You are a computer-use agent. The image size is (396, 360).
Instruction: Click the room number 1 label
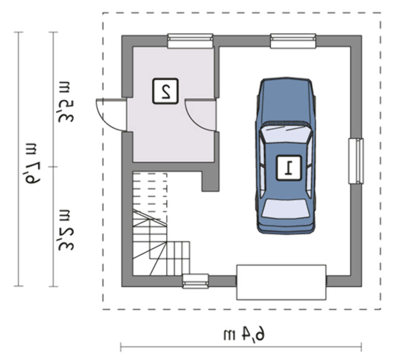pyautogui.click(x=289, y=168)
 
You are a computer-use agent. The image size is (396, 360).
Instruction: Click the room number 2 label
pyautogui.click(x=166, y=91)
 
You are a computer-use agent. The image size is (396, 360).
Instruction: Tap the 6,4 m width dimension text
pyautogui.click(x=244, y=335)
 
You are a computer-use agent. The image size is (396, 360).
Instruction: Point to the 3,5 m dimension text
pyautogui.click(x=66, y=102)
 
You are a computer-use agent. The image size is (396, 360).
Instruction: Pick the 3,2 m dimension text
pyautogui.click(x=66, y=230)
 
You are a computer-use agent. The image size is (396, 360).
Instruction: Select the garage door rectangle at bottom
pyautogui.click(x=281, y=282)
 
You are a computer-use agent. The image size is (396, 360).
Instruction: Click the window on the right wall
pyautogui.click(x=356, y=161)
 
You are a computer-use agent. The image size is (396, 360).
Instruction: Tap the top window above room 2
pyautogui.click(x=190, y=41)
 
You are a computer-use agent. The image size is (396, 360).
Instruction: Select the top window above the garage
pyautogui.click(x=293, y=41)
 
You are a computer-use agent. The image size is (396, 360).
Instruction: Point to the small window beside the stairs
pyautogui.click(x=196, y=281)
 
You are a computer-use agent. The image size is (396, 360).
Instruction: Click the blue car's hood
pyautogui.click(x=286, y=101)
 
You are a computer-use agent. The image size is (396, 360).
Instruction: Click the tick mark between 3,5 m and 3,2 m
pyautogui.click(x=53, y=167)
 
